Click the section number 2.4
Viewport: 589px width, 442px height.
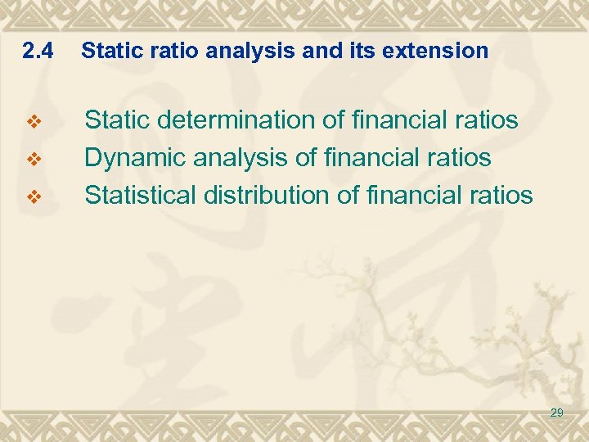[38, 52]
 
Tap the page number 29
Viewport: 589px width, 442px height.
[556, 413]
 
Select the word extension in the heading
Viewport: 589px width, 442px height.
[443, 52]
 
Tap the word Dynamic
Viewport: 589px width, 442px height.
[135, 157]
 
